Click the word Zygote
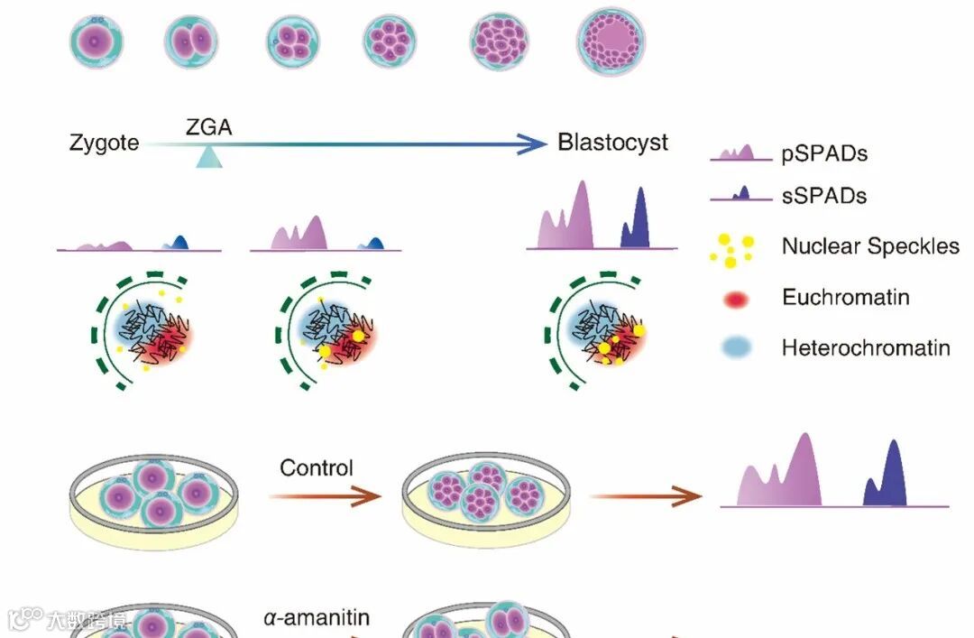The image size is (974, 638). click(x=104, y=143)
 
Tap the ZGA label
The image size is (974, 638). click(x=208, y=127)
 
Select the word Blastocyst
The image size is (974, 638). click(x=612, y=143)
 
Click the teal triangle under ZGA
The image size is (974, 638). click(x=208, y=158)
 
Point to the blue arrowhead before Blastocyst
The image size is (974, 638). click(x=532, y=143)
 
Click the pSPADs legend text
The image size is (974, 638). click(x=823, y=153)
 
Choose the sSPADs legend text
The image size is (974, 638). click(x=823, y=196)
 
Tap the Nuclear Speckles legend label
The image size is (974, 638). click(x=870, y=245)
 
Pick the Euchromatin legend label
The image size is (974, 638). click(x=845, y=297)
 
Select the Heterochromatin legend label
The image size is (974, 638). click(x=866, y=347)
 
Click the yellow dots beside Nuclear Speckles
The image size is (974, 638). click(x=731, y=248)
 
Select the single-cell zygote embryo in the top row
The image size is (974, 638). click(x=96, y=42)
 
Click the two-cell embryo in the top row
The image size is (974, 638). click(x=191, y=42)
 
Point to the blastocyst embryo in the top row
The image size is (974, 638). click(x=611, y=42)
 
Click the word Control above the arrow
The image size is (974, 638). click(x=317, y=467)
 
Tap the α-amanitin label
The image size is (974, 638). click(x=317, y=618)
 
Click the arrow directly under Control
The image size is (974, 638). click(x=325, y=495)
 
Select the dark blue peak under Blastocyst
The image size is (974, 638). click(x=637, y=221)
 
